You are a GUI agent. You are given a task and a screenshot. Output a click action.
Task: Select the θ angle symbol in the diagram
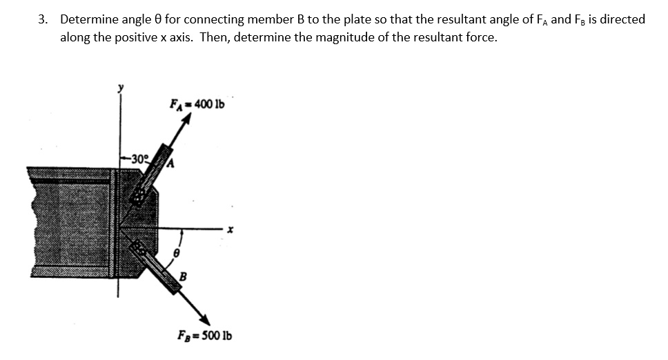176,254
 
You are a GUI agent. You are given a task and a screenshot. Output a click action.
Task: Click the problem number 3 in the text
43,19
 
